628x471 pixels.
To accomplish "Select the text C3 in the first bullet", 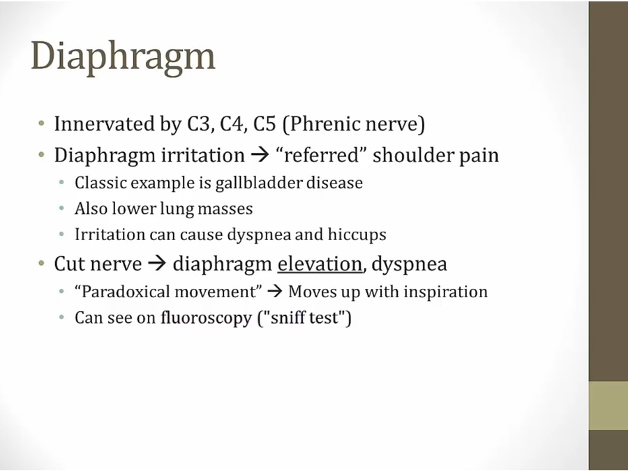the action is [x=199, y=124].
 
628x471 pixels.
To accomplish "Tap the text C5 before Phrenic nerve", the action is [x=264, y=124].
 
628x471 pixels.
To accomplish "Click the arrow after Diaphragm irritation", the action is [x=260, y=156].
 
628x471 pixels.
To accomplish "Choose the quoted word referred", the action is [x=319, y=156].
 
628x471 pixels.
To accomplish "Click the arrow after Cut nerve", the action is [x=157, y=264].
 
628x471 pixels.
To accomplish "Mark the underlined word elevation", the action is [x=320, y=264].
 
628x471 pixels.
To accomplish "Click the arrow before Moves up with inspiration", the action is [x=274, y=292].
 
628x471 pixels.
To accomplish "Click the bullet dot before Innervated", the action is [x=41, y=123].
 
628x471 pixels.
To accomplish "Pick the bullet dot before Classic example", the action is [x=61, y=183].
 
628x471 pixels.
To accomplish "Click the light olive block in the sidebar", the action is [x=608, y=405].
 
